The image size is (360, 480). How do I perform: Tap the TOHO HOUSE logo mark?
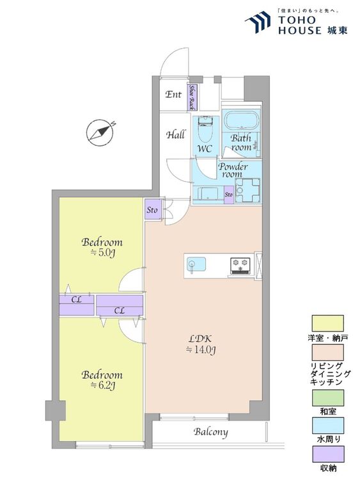pos(258,22)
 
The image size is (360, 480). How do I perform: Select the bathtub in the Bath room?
pos(241,120)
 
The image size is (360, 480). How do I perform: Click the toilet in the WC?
pos(205,128)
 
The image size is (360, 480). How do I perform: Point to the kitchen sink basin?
pos(196,264)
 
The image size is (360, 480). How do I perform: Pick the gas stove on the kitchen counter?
pos(240,265)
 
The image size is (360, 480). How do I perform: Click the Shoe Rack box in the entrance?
pos(192,97)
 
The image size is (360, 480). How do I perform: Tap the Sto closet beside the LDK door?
pos(152,210)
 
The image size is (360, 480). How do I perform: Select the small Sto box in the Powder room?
pos(228,195)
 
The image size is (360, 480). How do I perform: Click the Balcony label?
pos(211,432)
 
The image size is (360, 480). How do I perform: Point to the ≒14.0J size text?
pos(201,349)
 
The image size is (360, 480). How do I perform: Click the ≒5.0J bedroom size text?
pos(102,253)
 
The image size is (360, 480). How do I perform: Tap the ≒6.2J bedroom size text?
pos(102,386)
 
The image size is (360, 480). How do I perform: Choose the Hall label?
pos(176,134)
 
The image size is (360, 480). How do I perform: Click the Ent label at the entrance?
pos(173,94)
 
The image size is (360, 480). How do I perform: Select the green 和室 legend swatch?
pos(327,398)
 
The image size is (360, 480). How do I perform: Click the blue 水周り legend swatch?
pos(327,426)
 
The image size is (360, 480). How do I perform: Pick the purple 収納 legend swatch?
pos(327,454)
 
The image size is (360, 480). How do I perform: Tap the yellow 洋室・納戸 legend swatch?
pos(327,323)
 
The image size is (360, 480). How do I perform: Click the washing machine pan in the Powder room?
pos(247,191)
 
